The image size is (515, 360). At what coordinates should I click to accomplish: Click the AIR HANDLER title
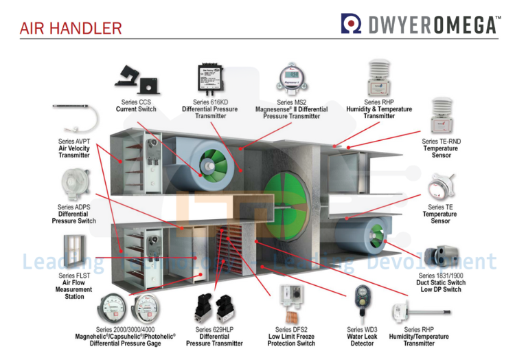pyautogui.click(x=71, y=28)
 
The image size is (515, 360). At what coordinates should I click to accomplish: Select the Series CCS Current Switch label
pyautogui.click(x=135, y=105)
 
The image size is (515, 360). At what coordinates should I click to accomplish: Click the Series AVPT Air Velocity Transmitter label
pyautogui.click(x=73, y=148)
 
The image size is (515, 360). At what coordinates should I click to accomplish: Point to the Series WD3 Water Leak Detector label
pyautogui.click(x=362, y=336)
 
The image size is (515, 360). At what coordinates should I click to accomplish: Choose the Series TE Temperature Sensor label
pyautogui.click(x=439, y=214)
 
